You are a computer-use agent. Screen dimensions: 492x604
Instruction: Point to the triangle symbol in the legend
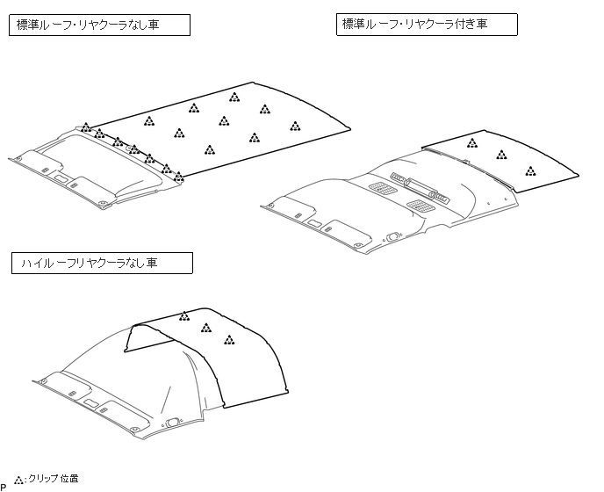tap(19, 481)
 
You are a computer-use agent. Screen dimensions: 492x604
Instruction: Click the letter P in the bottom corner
tap(4, 486)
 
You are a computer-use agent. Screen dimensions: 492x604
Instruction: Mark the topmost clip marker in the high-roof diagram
tap(184, 316)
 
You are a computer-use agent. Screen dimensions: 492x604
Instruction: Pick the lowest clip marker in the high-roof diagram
tap(229, 340)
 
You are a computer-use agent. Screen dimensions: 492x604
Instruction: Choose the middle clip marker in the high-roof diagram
tap(206, 328)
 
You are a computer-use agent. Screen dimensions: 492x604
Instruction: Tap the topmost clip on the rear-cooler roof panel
tap(472, 142)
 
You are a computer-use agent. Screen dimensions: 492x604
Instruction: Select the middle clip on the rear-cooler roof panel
tap(501, 156)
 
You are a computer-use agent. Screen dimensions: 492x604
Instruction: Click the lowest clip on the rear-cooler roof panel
tap(530, 170)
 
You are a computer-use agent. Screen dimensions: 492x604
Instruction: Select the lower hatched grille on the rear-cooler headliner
tap(421, 206)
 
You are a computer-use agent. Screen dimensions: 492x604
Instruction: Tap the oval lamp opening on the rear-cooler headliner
tap(392, 235)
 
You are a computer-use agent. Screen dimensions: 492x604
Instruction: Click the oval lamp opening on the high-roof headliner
tap(175, 422)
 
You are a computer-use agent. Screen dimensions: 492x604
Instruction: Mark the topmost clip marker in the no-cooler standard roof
tap(234, 97)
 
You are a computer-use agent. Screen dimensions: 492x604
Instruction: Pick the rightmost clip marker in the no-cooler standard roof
tap(296, 125)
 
